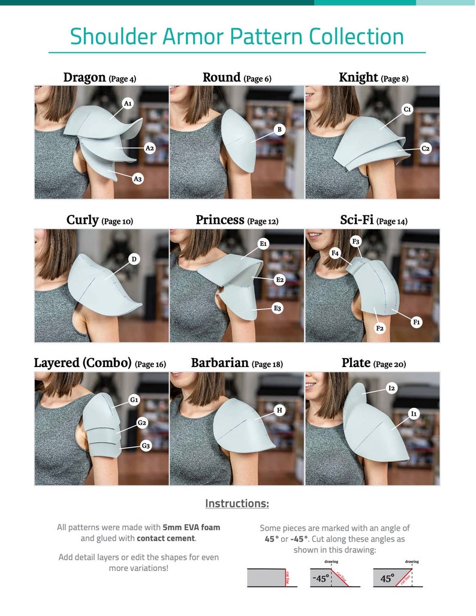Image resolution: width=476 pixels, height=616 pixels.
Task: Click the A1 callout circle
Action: [128, 104]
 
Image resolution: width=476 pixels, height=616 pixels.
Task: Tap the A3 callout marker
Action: [138, 179]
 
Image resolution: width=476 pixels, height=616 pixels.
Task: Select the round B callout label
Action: [279, 129]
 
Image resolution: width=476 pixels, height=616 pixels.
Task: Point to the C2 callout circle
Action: [426, 149]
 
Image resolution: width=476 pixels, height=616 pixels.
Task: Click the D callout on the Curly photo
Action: [134, 259]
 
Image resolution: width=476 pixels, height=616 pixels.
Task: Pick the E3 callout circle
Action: [278, 308]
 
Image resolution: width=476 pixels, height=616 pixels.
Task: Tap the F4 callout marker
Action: [336, 253]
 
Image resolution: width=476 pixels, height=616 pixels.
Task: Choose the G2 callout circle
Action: [142, 423]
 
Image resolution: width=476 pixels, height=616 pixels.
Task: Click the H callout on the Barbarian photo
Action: [279, 410]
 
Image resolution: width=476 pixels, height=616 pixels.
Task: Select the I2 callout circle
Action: [391, 389]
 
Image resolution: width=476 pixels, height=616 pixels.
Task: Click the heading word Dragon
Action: [85, 77]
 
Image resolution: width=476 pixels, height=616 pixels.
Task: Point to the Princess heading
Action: [219, 220]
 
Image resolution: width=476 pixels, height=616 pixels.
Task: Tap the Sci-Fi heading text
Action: [357, 220]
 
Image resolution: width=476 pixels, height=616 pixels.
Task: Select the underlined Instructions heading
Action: [237, 503]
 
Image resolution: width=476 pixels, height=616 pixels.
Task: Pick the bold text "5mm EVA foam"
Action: [191, 527]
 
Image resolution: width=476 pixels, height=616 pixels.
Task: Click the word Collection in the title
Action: [357, 37]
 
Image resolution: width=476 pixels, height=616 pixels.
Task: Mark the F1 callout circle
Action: [417, 322]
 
